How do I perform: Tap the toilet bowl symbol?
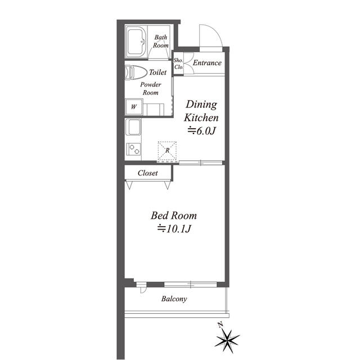point(136,73)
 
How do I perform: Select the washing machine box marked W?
point(134,107)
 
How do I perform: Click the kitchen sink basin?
point(133,127)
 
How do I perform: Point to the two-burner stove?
point(133,149)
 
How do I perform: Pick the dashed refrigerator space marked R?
point(168,151)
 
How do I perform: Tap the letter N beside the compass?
point(220,325)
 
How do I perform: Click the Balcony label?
point(174,299)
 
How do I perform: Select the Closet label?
point(147,173)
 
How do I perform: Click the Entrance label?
point(207,62)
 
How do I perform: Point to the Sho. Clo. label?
point(178,64)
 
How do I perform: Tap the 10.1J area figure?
point(174,229)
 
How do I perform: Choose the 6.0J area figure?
point(202,131)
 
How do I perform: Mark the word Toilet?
point(158,72)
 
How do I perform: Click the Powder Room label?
point(151,89)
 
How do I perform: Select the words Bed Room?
point(174,215)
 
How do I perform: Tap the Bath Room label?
point(161,41)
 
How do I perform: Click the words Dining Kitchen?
point(201,111)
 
